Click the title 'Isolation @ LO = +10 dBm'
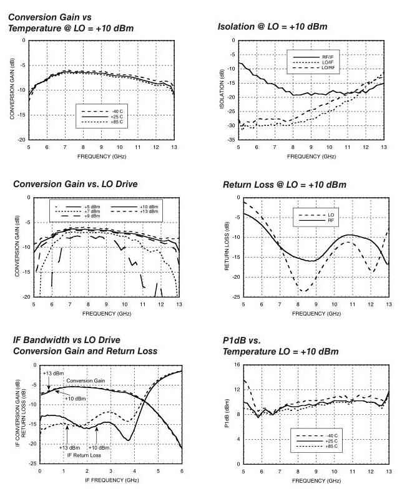(x=272, y=27)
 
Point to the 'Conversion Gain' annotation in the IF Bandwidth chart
(x=85, y=380)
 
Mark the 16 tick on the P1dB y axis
(x=237, y=365)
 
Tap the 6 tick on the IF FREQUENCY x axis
(x=182, y=472)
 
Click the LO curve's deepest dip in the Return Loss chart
(x=304, y=291)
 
